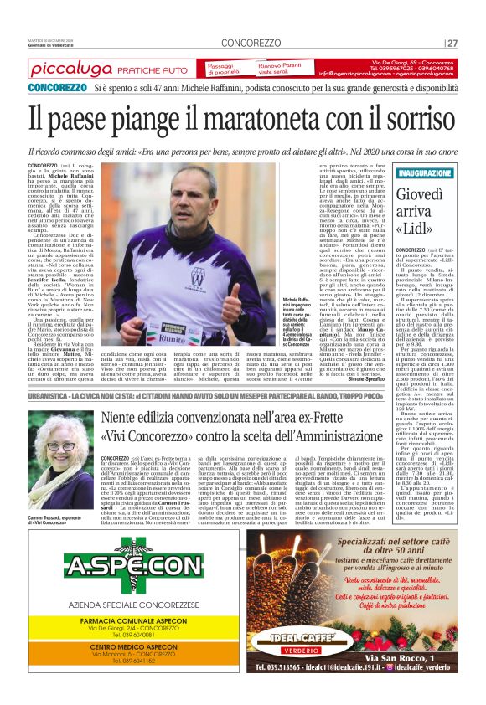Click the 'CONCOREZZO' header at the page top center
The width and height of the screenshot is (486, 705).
pos(252,43)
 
